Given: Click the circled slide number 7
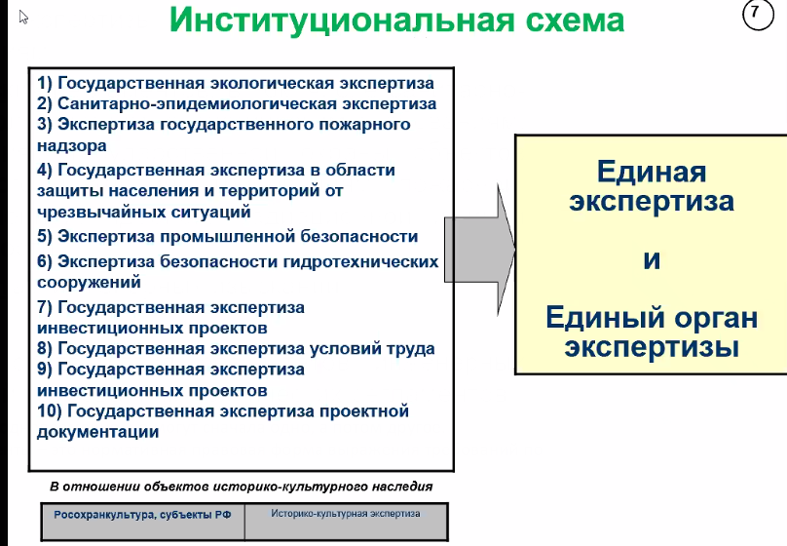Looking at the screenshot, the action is (x=758, y=15).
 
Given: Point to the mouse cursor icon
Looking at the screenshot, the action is (x=23, y=18).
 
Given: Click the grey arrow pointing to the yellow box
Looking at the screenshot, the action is (x=480, y=250).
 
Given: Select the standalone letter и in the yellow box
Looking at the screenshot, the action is (x=652, y=259).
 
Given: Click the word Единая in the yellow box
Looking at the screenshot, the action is (x=652, y=172).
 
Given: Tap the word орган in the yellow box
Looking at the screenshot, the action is (x=716, y=319).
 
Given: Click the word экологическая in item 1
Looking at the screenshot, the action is (x=272, y=84).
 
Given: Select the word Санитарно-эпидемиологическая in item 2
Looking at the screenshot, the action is (x=197, y=104).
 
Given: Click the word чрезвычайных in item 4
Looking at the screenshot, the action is (x=101, y=212).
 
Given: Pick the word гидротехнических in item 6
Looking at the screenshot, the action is (x=361, y=261).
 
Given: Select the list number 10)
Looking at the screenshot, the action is (x=49, y=411).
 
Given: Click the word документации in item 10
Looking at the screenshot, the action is (x=97, y=432).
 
